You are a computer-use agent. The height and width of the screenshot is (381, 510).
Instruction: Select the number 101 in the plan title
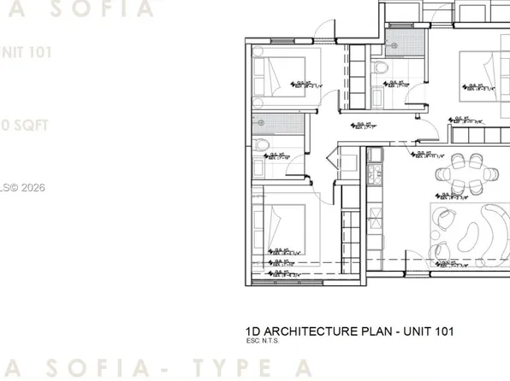coord(442,331)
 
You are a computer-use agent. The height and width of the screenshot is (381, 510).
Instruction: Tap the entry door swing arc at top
coord(320,31)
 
